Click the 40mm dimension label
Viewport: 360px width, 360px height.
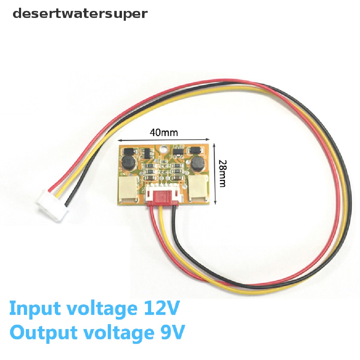[164, 133]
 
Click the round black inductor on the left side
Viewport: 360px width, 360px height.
[127, 163]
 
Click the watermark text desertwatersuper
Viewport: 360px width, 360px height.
[80, 14]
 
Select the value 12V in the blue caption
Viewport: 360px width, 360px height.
[159, 309]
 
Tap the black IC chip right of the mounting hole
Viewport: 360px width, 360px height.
[178, 152]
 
